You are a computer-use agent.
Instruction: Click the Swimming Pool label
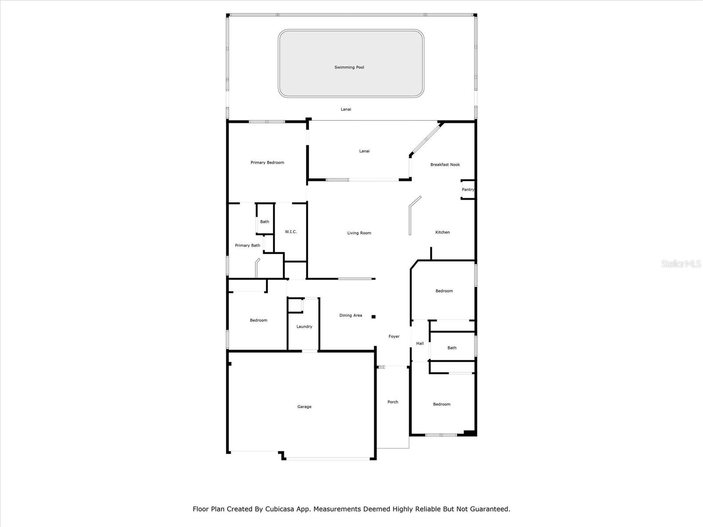pyautogui.click(x=349, y=67)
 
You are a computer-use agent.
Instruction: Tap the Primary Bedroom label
pyautogui.click(x=267, y=162)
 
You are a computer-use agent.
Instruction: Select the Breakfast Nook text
pyautogui.click(x=445, y=164)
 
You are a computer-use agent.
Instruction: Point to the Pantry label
pyautogui.click(x=468, y=189)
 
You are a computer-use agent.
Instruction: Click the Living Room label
pyautogui.click(x=359, y=233)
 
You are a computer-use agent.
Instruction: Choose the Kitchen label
pyautogui.click(x=442, y=232)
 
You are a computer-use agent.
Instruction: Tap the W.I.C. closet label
pyautogui.click(x=291, y=232)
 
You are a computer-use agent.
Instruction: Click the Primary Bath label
pyautogui.click(x=247, y=245)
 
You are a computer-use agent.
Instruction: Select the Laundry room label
pyautogui.click(x=304, y=327)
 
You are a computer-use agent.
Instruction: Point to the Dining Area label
pyautogui.click(x=351, y=315)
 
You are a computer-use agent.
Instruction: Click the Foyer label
pyautogui.click(x=394, y=336)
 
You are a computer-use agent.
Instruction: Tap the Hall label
pyautogui.click(x=420, y=343)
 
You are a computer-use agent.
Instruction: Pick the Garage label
pyautogui.click(x=304, y=407)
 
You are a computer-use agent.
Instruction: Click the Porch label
pyautogui.click(x=393, y=402)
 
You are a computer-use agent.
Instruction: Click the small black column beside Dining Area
pyautogui.click(x=373, y=317)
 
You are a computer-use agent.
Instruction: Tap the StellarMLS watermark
pyautogui.click(x=681, y=263)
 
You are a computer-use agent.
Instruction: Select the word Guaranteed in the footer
pyautogui.click(x=491, y=509)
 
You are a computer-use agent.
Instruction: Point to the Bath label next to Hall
pyautogui.click(x=452, y=348)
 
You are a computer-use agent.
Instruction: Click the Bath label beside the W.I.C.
pyautogui.click(x=265, y=222)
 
